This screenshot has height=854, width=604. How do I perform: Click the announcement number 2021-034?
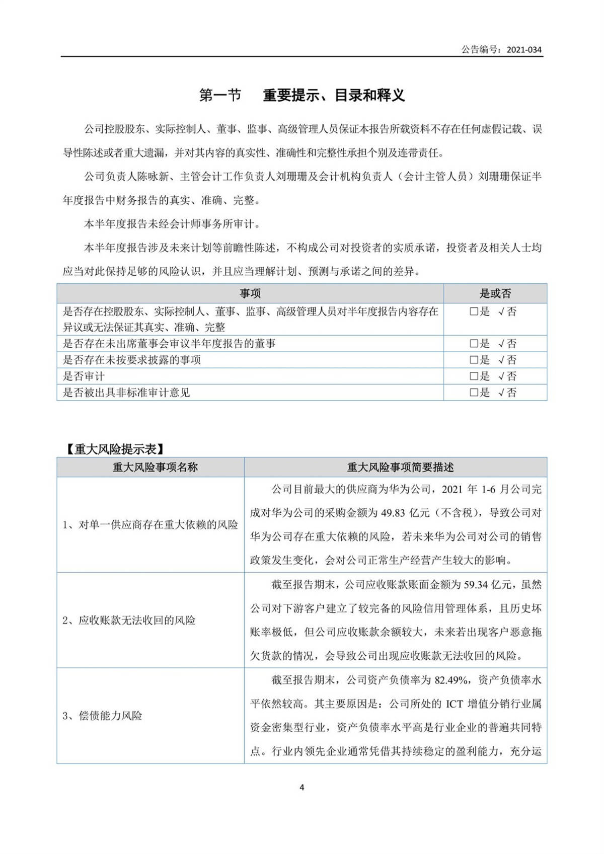click(524, 49)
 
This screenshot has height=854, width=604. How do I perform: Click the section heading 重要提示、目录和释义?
click(334, 95)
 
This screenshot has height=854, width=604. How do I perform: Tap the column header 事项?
click(250, 293)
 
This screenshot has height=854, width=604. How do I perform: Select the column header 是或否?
click(495, 293)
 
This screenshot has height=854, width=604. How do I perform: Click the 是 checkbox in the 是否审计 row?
click(474, 376)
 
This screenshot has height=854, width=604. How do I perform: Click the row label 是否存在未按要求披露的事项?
click(132, 360)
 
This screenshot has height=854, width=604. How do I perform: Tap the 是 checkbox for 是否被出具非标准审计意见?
click(474, 393)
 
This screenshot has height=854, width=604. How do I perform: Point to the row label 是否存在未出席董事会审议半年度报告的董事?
click(169, 344)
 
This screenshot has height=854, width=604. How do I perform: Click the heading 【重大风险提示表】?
click(114, 449)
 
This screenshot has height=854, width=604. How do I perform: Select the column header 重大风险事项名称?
click(155, 467)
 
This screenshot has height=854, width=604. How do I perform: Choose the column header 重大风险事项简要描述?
click(400, 467)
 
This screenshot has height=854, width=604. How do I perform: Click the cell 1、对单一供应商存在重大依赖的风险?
click(150, 525)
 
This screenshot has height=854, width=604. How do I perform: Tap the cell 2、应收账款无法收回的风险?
click(129, 620)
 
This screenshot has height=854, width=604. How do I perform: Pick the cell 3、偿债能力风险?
click(102, 716)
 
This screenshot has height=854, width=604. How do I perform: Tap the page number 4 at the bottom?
click(302, 787)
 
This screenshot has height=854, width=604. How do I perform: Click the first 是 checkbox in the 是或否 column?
click(474, 312)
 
